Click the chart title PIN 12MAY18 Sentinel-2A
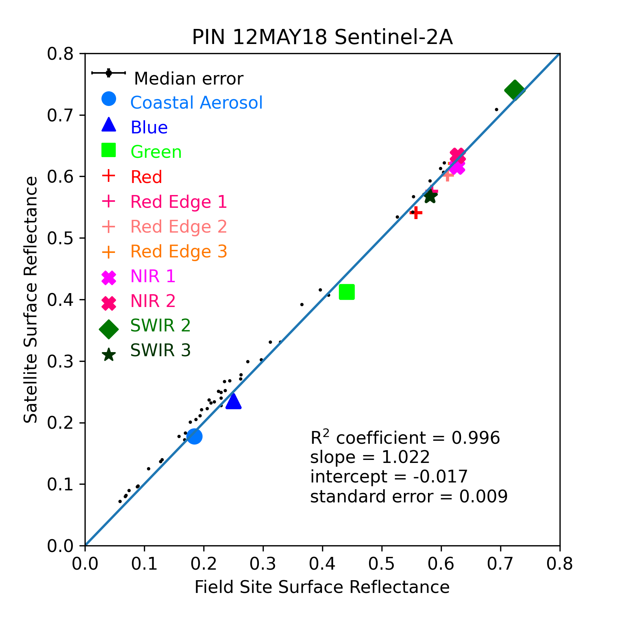322,38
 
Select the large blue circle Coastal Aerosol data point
194,436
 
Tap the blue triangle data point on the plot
233,401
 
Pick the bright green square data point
347,292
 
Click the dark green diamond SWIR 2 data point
515,90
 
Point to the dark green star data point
430,196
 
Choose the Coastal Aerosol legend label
197,103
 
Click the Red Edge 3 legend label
179,252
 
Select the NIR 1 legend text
153,277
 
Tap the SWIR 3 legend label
160,351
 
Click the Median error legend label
189,79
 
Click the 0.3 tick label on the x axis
263,564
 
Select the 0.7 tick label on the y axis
62,115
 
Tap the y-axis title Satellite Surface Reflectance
31,300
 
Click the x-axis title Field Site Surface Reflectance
322,587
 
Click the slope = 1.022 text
370,457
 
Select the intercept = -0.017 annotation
389,477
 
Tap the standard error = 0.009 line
409,497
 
